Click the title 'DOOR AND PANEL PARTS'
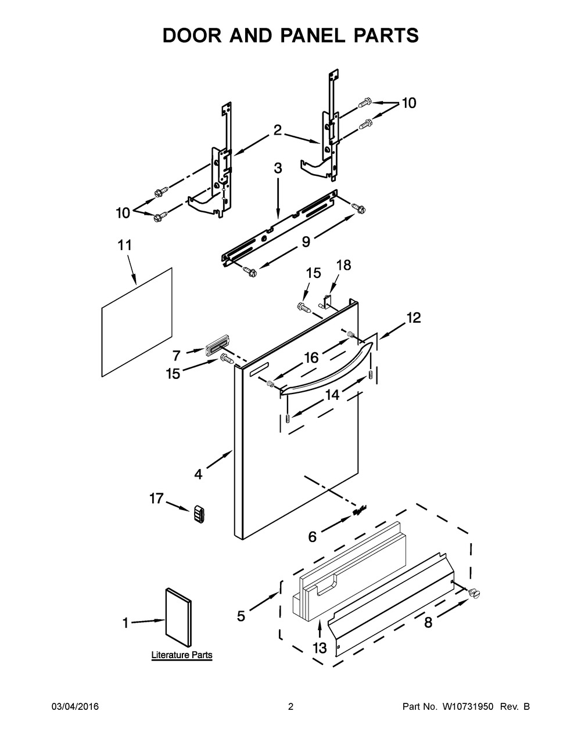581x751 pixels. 290,35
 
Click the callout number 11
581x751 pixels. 124,245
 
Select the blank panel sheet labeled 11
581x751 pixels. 137,320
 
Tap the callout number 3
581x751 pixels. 278,169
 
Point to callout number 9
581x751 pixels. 306,241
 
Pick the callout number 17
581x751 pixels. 156,499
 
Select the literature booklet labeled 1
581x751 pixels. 178,618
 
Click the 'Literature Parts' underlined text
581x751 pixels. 182,655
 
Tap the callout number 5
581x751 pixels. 241,616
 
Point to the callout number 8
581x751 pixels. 428,623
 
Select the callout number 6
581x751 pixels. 313,537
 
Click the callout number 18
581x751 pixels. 344,265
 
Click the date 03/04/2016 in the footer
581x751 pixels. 75,707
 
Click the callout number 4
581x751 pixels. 199,474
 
